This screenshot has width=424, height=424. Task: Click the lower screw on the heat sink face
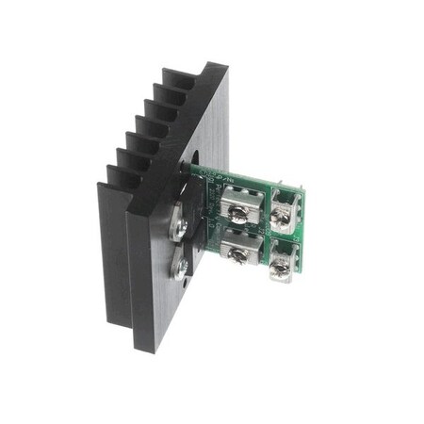[180, 270]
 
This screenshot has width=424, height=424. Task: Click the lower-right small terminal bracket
[285, 259]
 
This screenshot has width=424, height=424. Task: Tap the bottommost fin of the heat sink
[108, 188]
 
